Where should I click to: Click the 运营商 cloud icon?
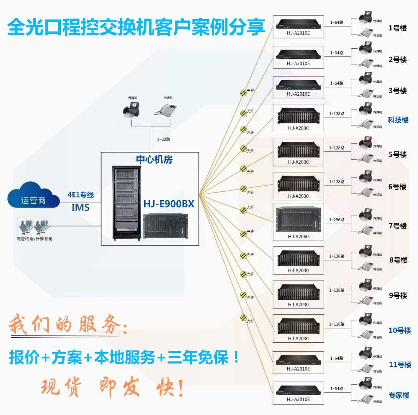[x=33, y=199]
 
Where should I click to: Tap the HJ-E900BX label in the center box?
[x=169, y=204]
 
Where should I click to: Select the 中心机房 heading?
[x=154, y=159]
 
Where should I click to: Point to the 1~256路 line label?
[x=336, y=220]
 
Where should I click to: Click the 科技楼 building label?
[x=398, y=120]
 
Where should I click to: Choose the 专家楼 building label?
[x=399, y=395]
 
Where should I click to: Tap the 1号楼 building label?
[x=398, y=28]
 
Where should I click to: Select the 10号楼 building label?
[x=400, y=330]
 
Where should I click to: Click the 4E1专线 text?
[x=80, y=195]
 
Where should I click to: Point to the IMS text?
[x=80, y=207]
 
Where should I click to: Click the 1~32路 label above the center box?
[x=163, y=139]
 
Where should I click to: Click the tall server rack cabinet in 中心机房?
[x=125, y=202]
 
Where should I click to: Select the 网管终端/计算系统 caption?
[x=35, y=239]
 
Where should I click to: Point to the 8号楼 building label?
[x=398, y=260]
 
